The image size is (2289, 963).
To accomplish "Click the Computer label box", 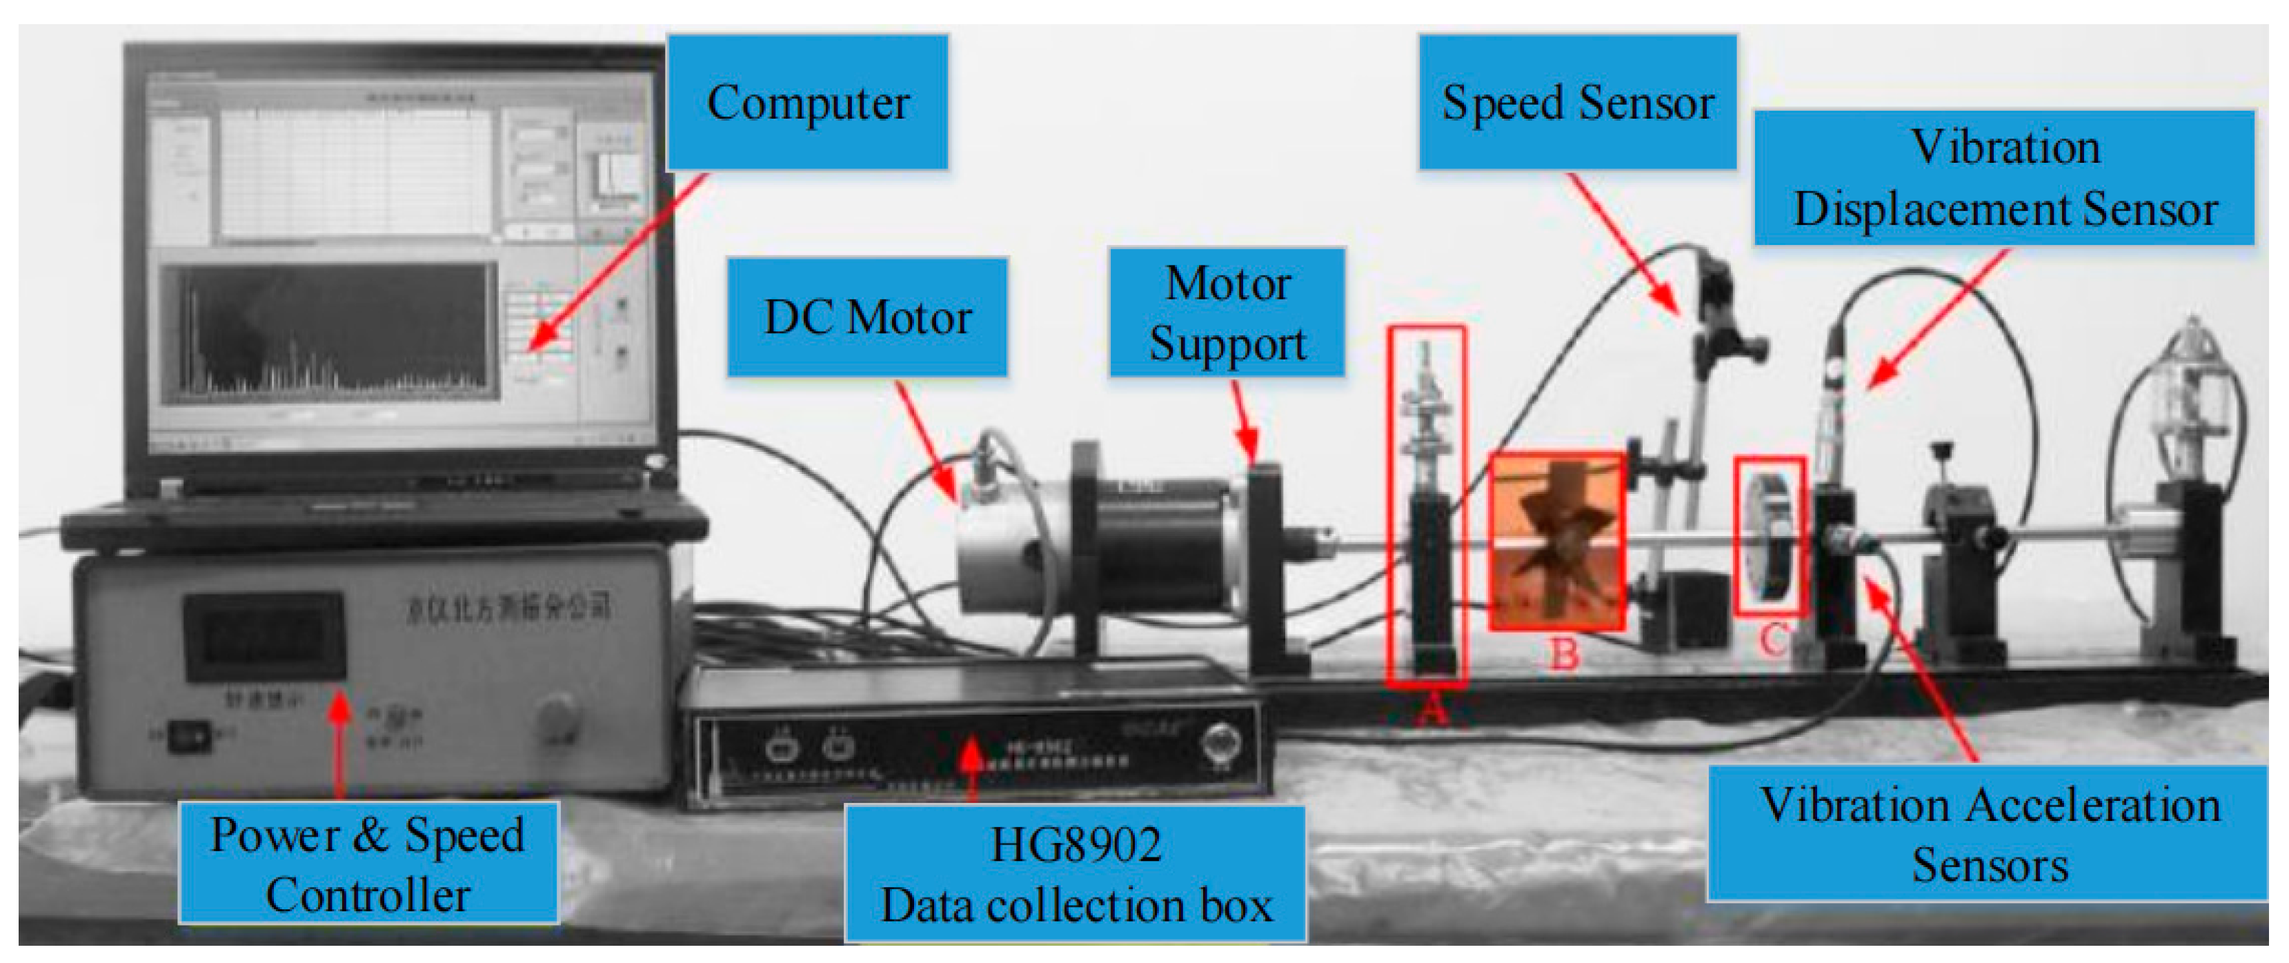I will tap(807, 102).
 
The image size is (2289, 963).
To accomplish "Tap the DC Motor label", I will tap(867, 317).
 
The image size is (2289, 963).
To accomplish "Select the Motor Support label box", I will tap(1227, 312).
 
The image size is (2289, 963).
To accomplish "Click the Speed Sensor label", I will tap(1577, 102).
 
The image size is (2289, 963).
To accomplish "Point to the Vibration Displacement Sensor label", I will tap(2005, 178).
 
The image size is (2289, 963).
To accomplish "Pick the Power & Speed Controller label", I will tap(368, 862).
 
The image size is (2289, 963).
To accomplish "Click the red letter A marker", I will tap(1431, 709).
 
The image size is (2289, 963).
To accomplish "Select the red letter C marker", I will tap(1774, 639).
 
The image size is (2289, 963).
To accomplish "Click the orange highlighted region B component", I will tap(1557, 542).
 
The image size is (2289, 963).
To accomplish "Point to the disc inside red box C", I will tap(1768, 537).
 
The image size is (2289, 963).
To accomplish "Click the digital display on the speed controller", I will tap(264, 636).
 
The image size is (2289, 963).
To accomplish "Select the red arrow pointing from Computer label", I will tap(617, 262).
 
